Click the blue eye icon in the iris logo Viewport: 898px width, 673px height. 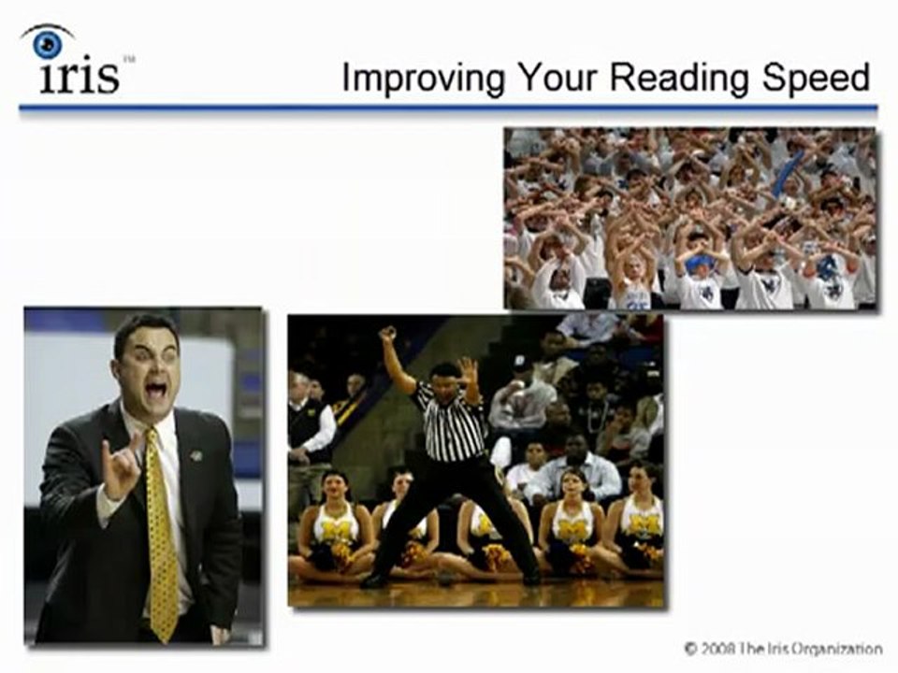click(x=47, y=43)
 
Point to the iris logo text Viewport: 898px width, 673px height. click(x=80, y=77)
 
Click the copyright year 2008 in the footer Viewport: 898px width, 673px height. click(x=720, y=648)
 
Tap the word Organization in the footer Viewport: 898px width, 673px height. click(x=836, y=648)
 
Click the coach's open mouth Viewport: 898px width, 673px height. click(x=155, y=388)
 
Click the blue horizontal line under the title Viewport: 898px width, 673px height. click(x=448, y=108)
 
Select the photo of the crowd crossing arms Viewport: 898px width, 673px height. click(x=690, y=219)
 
